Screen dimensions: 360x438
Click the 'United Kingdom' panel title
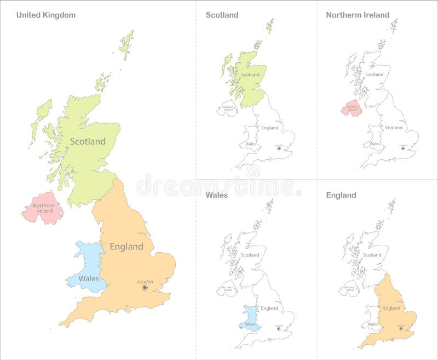click(x=45, y=15)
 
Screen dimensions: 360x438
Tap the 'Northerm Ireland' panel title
click(x=358, y=15)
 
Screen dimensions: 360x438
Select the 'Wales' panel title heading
click(x=216, y=195)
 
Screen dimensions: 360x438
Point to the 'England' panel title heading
click(x=341, y=195)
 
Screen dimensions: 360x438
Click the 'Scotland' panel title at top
click(x=222, y=15)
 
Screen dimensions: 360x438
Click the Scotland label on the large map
click(x=88, y=142)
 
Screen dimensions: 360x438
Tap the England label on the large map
click(x=126, y=247)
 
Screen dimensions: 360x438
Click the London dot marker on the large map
click(x=145, y=288)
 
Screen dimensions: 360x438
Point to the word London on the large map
click(x=145, y=281)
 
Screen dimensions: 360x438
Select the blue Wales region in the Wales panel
click(x=250, y=316)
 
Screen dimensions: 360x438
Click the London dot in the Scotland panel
click(x=279, y=148)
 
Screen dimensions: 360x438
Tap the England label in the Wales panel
click(x=269, y=308)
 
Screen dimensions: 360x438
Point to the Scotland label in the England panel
click(x=372, y=255)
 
